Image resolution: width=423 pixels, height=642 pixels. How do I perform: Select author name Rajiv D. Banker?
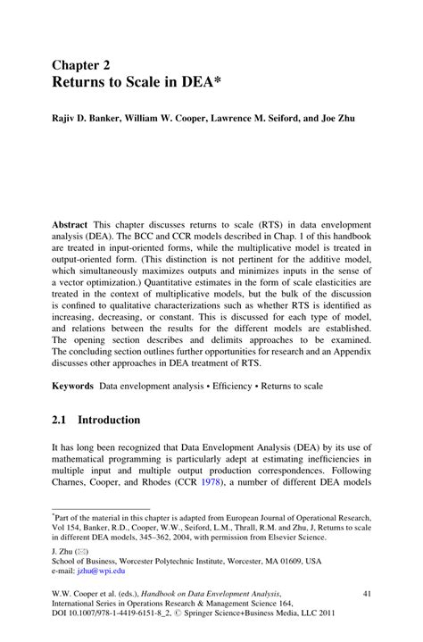[82, 118]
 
